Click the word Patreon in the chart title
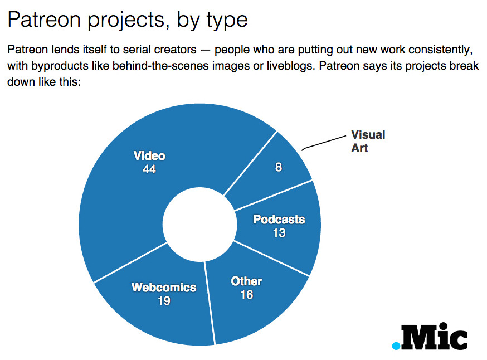coord(44,20)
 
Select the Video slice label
coord(149,156)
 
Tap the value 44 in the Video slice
coord(149,169)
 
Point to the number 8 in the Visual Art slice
coord(279,167)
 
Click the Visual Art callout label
coord(368,141)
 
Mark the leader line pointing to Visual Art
coord(324,143)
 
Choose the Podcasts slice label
coord(279,220)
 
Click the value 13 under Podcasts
coord(279,233)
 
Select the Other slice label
coord(247,281)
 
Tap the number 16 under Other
coord(247,295)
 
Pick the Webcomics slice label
coord(164,288)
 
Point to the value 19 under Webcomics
coord(164,301)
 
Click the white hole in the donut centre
coord(199,224)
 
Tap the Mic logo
coord(430,337)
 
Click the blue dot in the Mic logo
coord(396,346)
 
